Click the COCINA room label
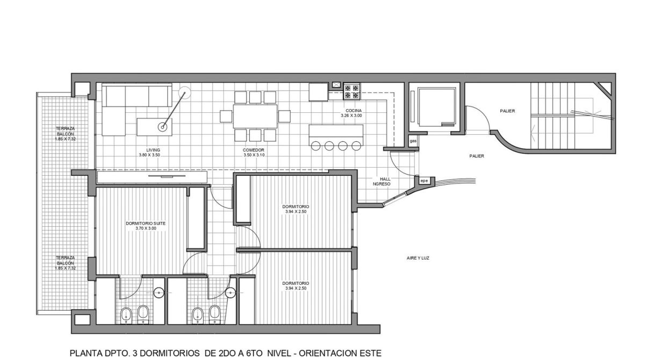pyautogui.click(x=354, y=111)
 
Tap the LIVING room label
pyautogui.click(x=153, y=150)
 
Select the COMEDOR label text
pyautogui.click(x=254, y=150)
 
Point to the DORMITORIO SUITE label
pyautogui.click(x=146, y=224)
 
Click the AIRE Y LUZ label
pyautogui.click(x=418, y=258)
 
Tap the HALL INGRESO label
pyautogui.click(x=382, y=181)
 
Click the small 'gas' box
pyautogui.click(x=413, y=141)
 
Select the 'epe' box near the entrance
pyautogui.click(x=424, y=181)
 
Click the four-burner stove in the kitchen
pyautogui.click(x=351, y=91)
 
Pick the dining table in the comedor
pyautogui.click(x=255, y=116)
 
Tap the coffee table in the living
pyautogui.click(x=154, y=127)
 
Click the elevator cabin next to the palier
pyautogui.click(x=436, y=107)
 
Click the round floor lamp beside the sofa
pyautogui.click(x=184, y=93)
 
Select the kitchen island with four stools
pyautogui.click(x=336, y=135)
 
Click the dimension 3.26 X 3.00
pyautogui.click(x=351, y=116)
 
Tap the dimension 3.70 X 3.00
pyautogui.click(x=146, y=228)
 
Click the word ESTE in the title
pyautogui.click(x=370, y=354)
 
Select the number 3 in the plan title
pyautogui.click(x=135, y=354)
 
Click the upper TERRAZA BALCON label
pyautogui.click(x=66, y=134)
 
